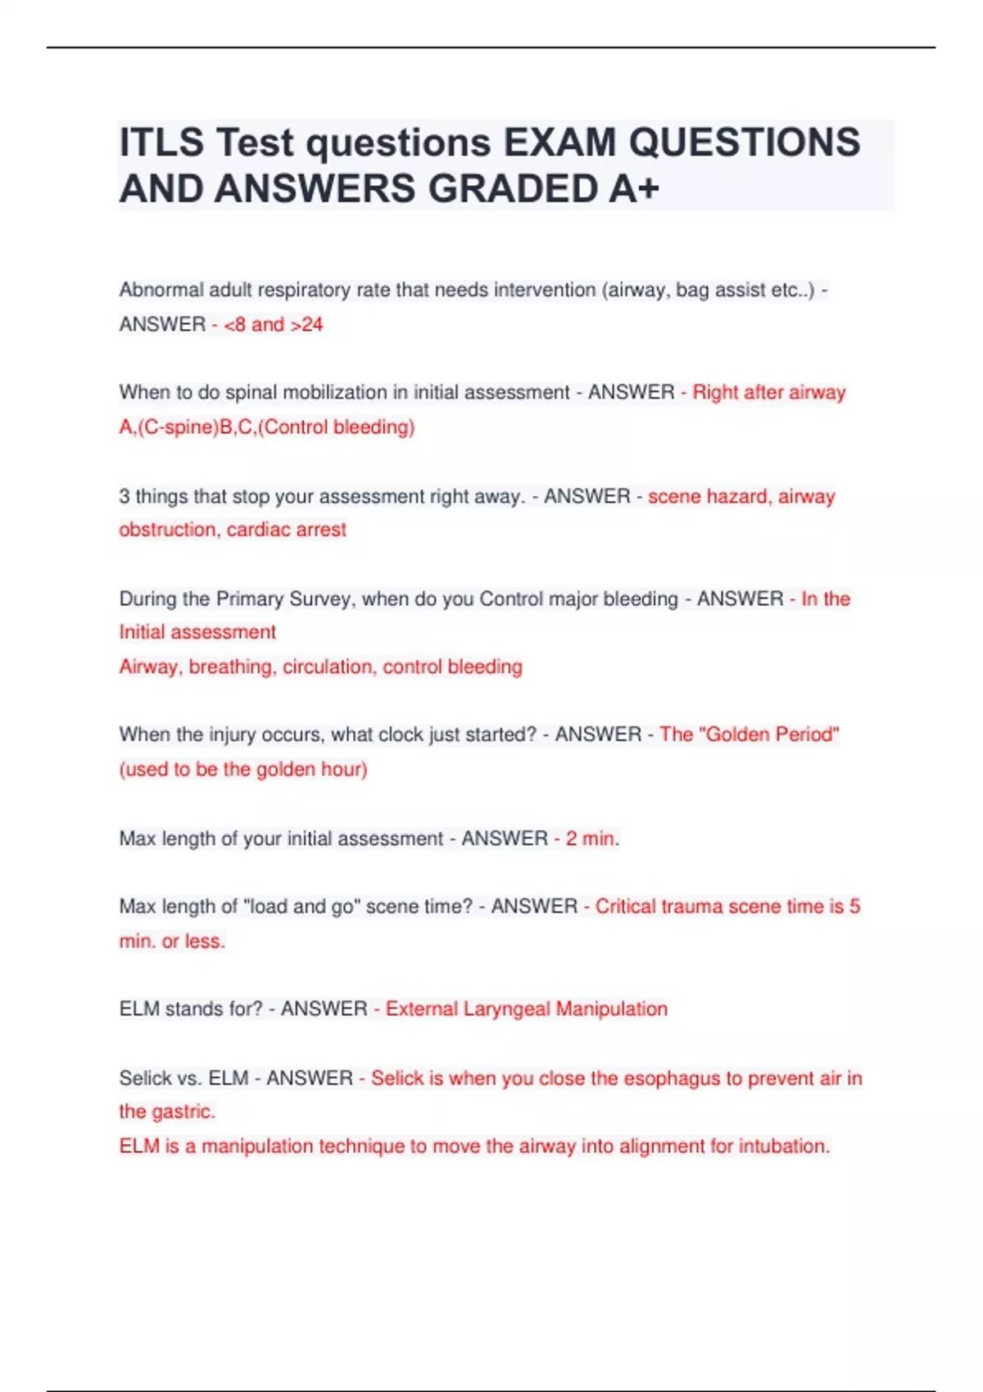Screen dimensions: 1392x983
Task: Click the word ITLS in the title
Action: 161,142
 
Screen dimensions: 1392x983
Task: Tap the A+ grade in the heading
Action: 634,189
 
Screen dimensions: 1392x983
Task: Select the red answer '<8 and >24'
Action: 274,325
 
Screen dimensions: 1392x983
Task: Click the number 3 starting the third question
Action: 125,496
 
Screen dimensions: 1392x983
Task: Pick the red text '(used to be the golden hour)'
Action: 243,770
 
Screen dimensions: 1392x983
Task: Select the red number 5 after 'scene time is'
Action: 854,906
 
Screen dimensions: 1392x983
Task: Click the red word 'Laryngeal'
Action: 507,1009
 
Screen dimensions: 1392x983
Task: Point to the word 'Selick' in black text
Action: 146,1078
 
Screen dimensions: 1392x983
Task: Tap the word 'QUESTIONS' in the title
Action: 744,142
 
